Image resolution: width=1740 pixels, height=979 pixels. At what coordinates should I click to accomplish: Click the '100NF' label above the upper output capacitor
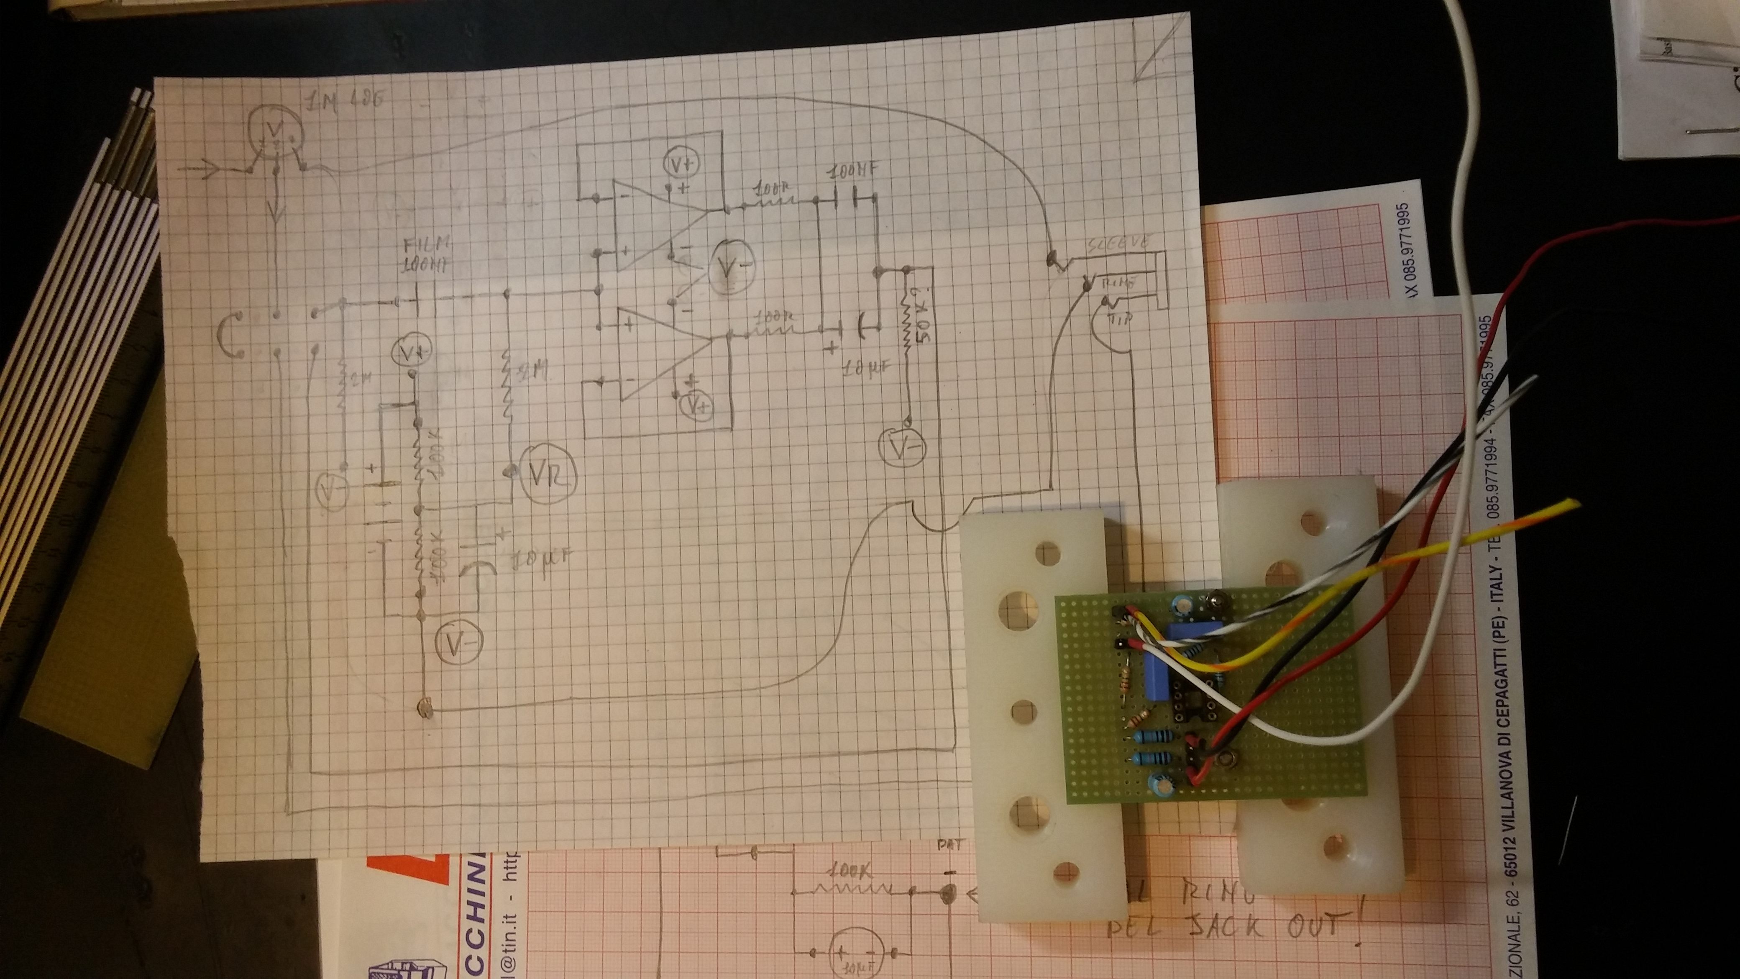pos(852,172)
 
